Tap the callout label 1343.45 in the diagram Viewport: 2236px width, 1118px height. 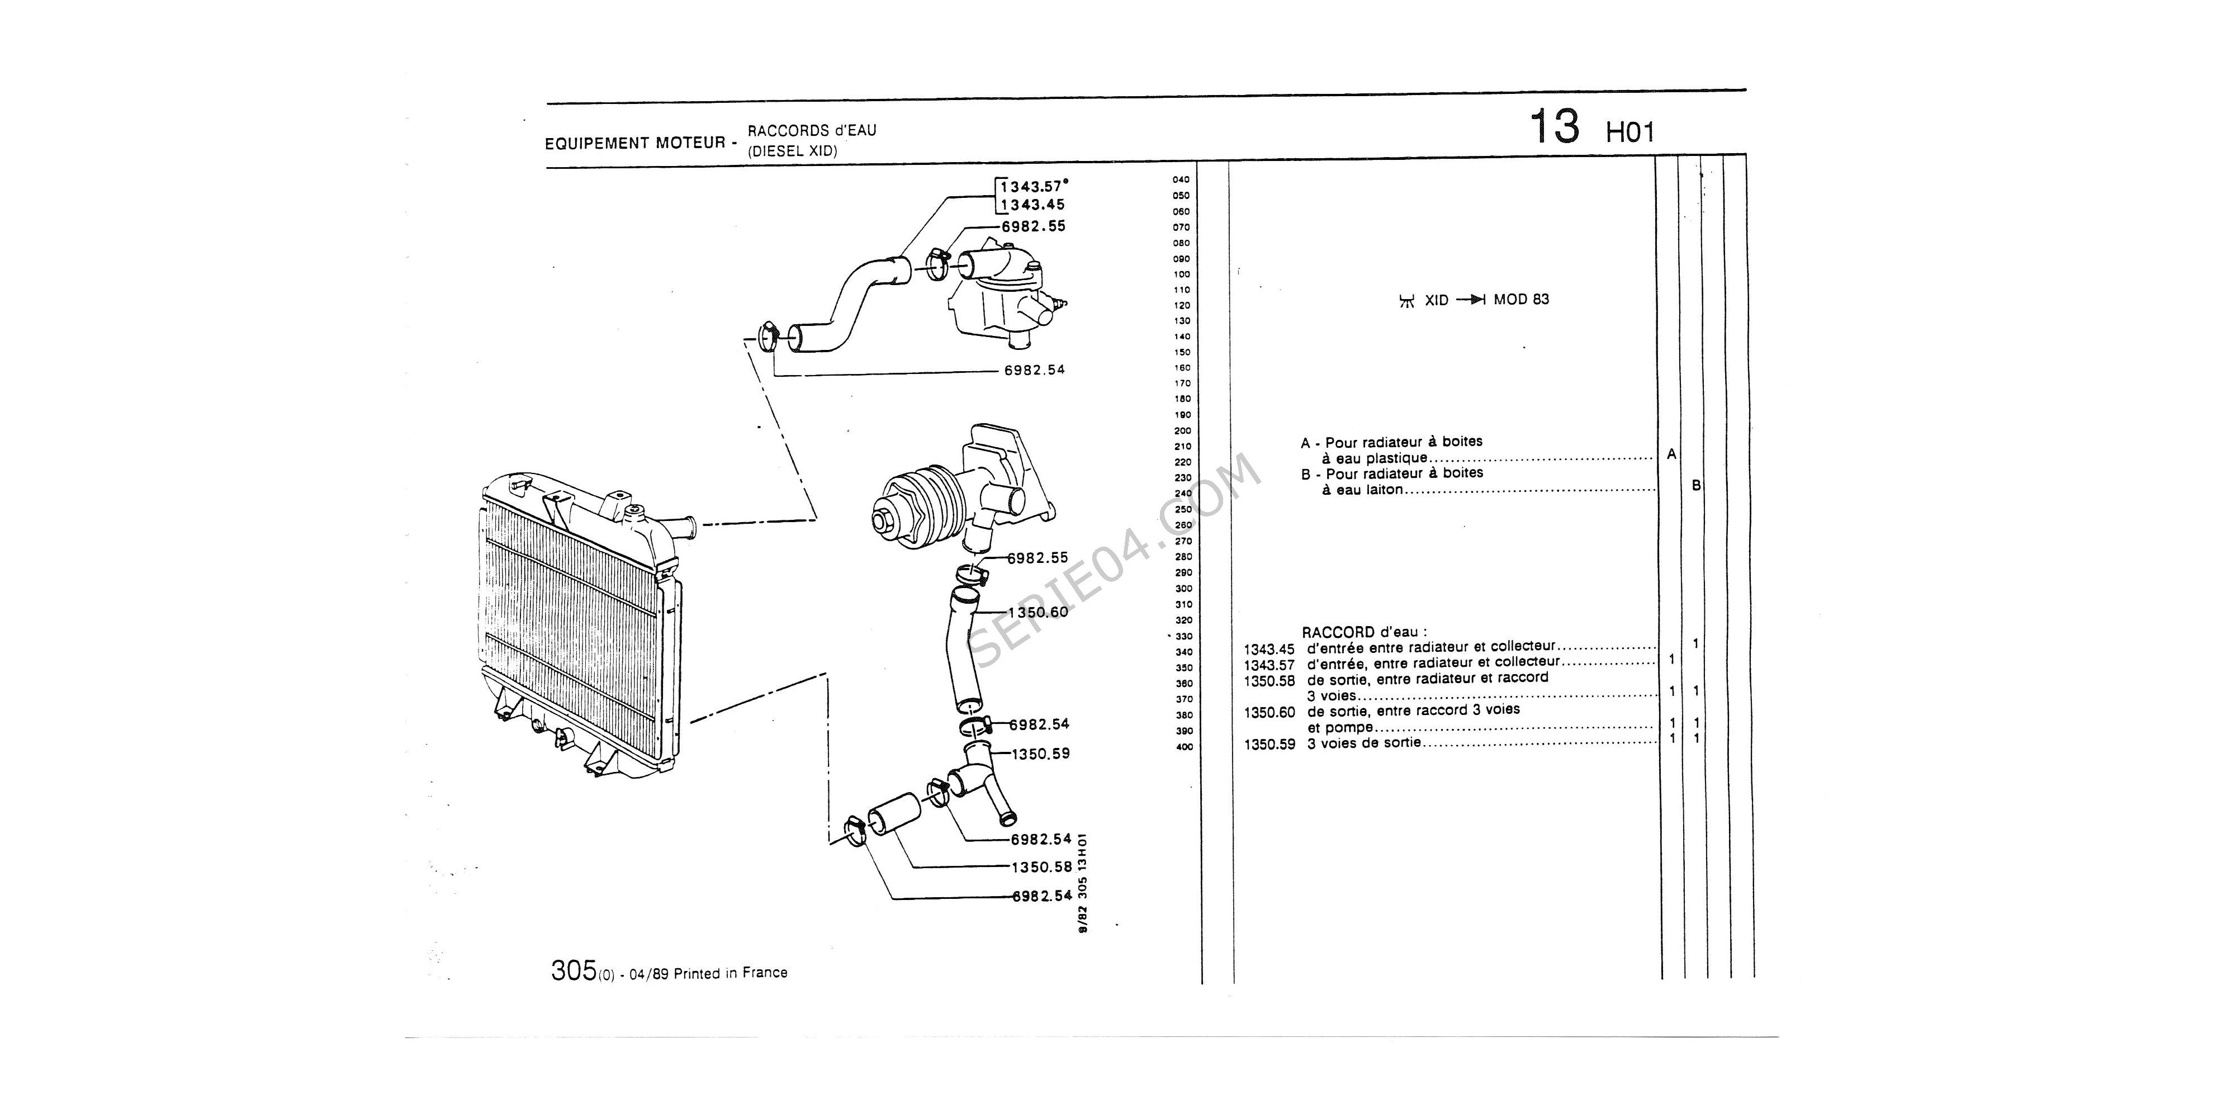click(x=1033, y=205)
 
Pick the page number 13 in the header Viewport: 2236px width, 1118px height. click(x=1554, y=127)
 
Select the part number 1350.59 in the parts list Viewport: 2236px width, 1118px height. click(x=1269, y=744)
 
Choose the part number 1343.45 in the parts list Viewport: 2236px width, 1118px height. click(x=1269, y=649)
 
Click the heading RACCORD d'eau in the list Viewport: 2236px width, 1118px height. click(x=1363, y=632)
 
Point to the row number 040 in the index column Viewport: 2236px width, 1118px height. click(x=1181, y=179)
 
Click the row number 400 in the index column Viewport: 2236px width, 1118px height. click(x=1184, y=746)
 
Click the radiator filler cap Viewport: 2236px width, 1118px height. click(x=636, y=510)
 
